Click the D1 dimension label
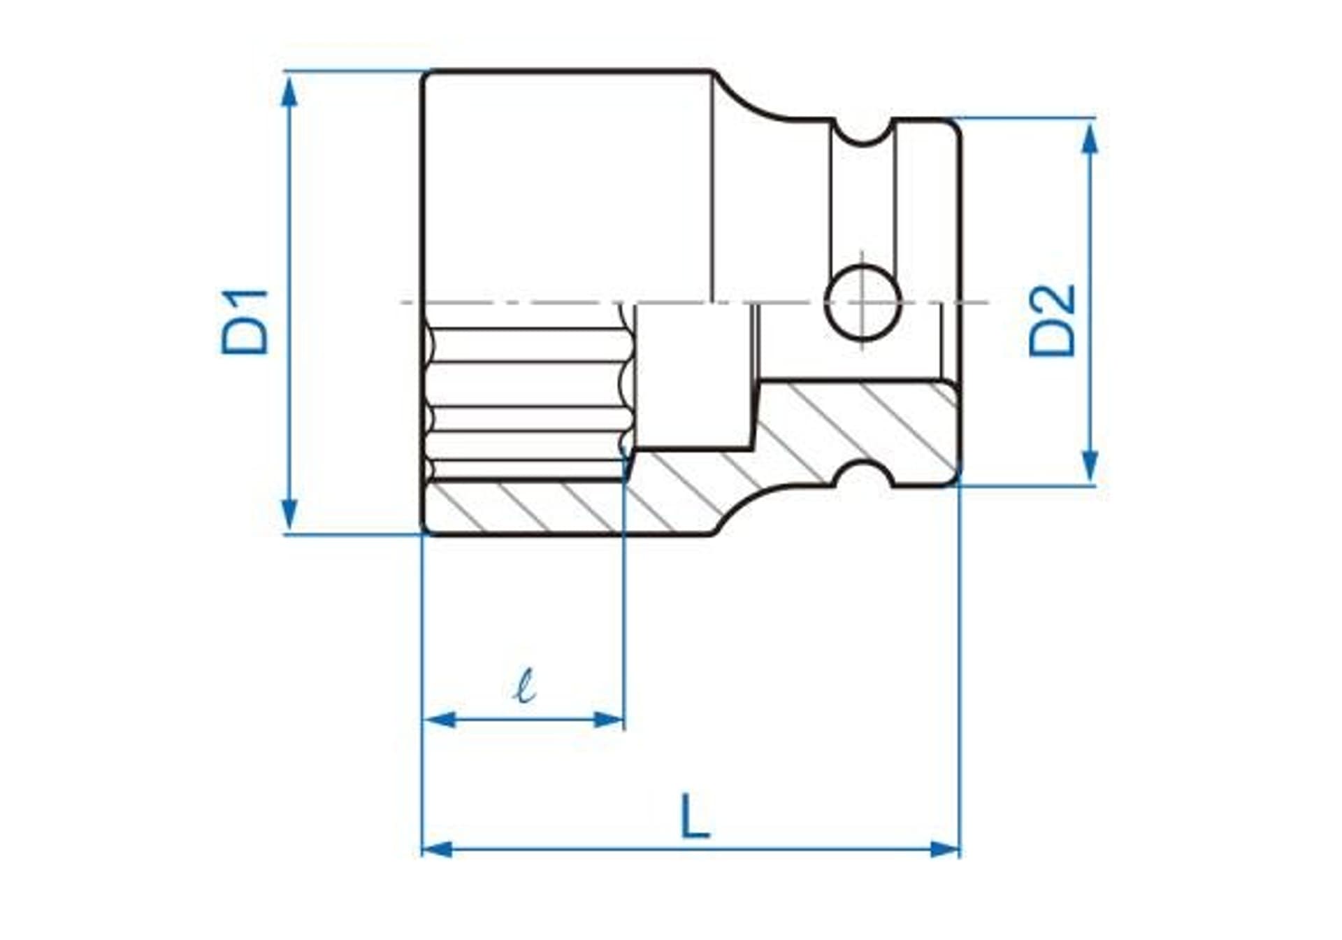coord(245,321)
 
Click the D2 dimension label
coord(1052,321)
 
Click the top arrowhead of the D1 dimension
coord(289,91)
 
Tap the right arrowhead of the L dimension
coord(944,850)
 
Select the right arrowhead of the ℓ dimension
coord(608,719)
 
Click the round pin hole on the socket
coord(863,303)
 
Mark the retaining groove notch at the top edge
coord(864,133)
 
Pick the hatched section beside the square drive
coord(860,420)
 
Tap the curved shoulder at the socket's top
coord(744,98)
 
